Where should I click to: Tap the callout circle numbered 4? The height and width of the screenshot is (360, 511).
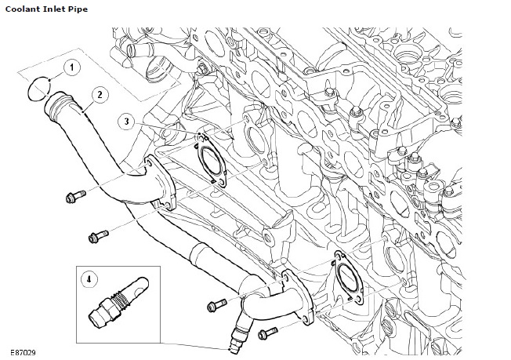tap(89, 278)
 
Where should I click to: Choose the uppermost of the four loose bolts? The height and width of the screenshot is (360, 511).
tap(77, 195)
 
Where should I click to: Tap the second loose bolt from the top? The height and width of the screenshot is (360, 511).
tap(99, 235)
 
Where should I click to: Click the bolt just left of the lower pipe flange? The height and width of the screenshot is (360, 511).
tap(216, 305)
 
